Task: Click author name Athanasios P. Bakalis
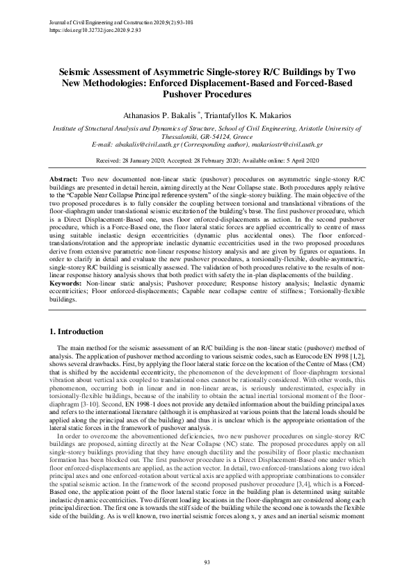tap(155, 114)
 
